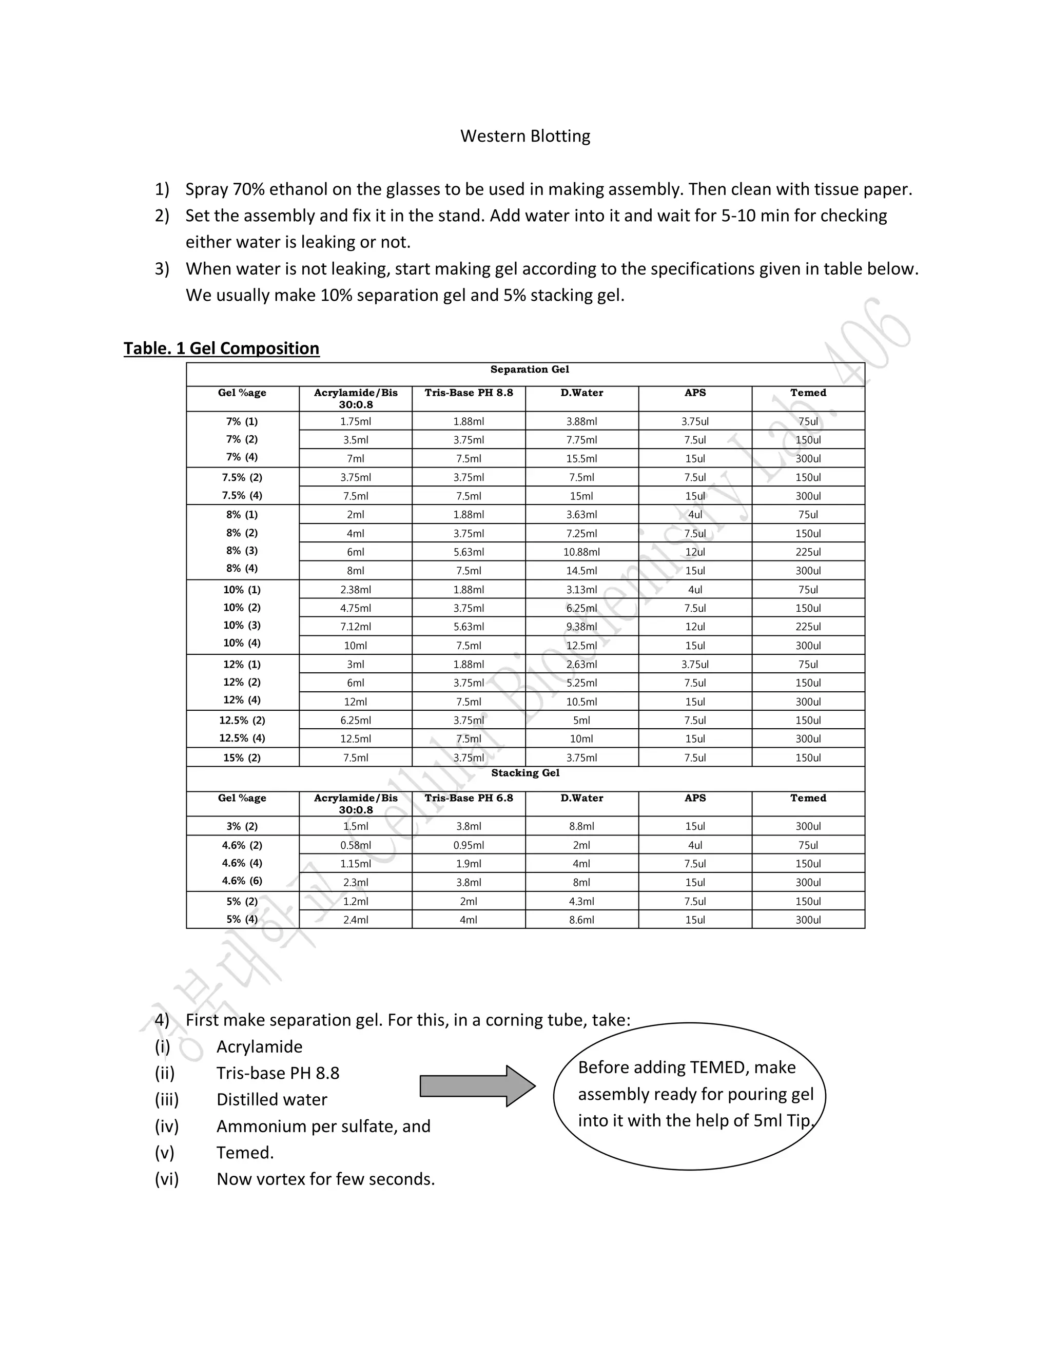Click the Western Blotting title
tap(525, 136)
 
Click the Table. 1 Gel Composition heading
tap(221, 348)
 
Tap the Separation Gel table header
tap(529, 370)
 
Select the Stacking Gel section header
tap(525, 773)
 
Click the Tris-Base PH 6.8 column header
tap(468, 798)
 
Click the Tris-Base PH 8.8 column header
tap(468, 392)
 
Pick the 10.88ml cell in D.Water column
tap(581, 552)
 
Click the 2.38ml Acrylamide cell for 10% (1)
tap(356, 590)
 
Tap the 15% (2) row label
tap(242, 758)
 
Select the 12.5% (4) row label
tap(242, 738)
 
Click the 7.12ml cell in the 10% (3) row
tap(356, 627)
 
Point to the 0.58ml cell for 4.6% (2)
tap(356, 845)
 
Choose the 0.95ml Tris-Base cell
tap(468, 845)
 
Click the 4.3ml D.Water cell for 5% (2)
tap(581, 901)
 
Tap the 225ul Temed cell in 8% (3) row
tap(808, 552)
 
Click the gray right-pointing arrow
tap(477, 1086)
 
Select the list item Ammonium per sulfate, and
tap(323, 1126)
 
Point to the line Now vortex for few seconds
tap(325, 1179)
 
